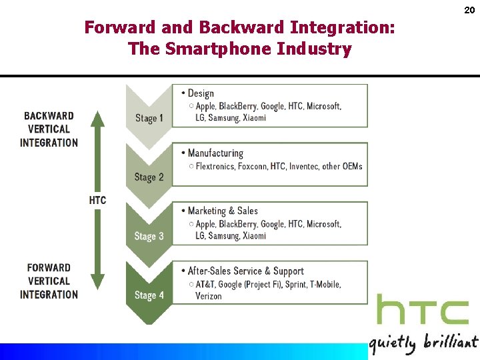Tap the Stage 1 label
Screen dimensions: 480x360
[149, 118]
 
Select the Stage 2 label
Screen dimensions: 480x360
[149, 177]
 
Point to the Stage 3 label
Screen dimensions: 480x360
[149, 236]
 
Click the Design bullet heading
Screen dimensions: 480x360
[200, 93]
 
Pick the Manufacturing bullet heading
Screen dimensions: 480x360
[215, 153]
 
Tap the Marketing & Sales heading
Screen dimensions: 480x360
[223, 211]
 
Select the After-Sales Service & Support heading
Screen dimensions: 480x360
[245, 271]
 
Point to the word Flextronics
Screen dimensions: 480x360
[215, 166]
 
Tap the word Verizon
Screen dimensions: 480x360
[209, 296]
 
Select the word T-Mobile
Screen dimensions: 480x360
[323, 284]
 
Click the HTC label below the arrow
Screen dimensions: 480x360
[97, 200]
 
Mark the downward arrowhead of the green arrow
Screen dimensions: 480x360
[97, 285]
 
